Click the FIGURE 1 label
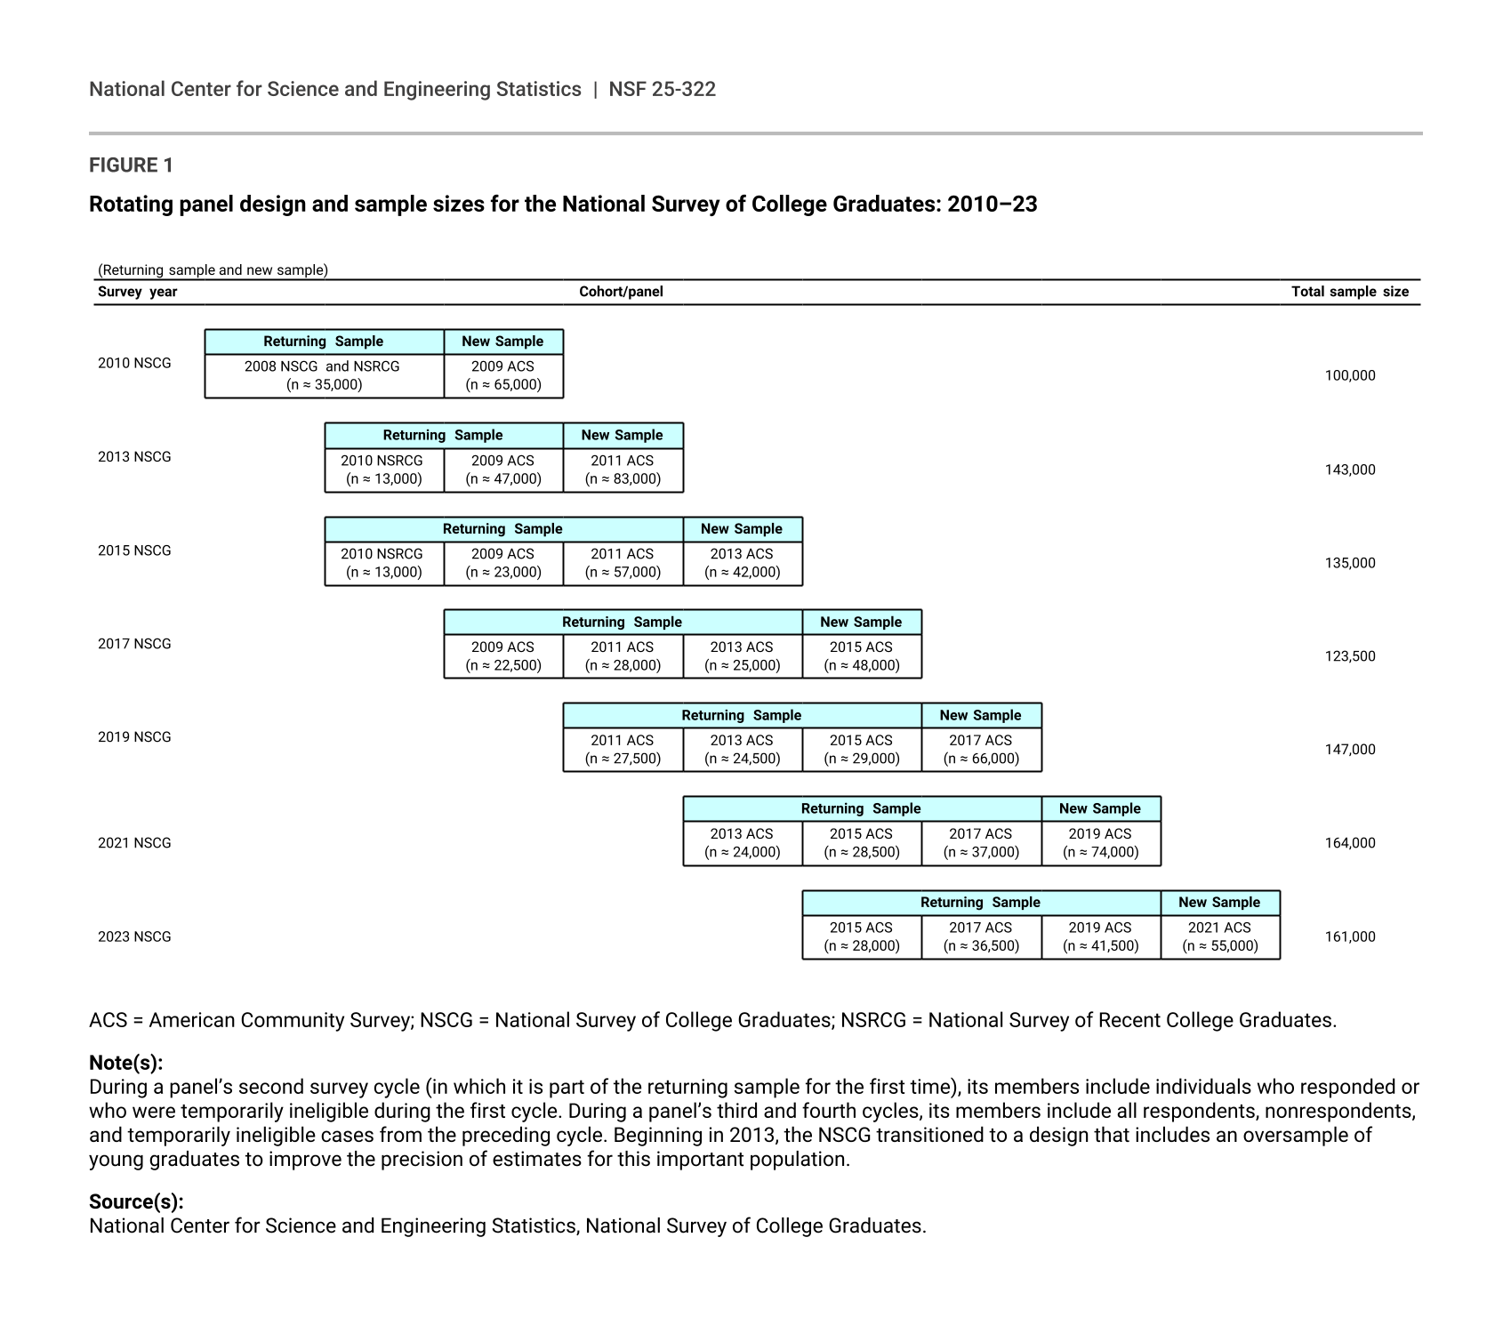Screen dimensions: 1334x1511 click(x=131, y=165)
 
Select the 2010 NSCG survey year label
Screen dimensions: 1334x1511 click(x=134, y=363)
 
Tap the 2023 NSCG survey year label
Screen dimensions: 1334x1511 click(x=134, y=936)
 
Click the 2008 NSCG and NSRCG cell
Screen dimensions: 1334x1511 click(x=324, y=375)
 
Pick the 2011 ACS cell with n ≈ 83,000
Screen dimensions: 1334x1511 click(x=623, y=470)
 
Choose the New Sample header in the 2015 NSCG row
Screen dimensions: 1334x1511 click(x=742, y=529)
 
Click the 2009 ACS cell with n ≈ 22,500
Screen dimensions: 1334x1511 click(x=502, y=656)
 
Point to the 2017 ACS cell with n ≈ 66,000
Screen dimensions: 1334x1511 click(x=981, y=750)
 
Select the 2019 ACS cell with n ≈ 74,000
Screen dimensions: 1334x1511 click(x=1100, y=843)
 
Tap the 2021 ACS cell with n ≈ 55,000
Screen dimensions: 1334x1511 click(x=1219, y=936)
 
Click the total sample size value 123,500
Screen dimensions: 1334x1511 click(x=1349, y=656)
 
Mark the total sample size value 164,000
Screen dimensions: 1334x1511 click(x=1349, y=843)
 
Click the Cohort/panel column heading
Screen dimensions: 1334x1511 click(x=621, y=292)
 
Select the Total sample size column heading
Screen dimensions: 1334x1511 click(x=1349, y=292)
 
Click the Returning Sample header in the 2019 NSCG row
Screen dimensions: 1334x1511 click(x=742, y=715)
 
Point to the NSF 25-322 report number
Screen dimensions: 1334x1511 click(x=662, y=89)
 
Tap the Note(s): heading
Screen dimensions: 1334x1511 click(x=125, y=1063)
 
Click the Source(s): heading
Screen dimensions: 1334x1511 click(x=136, y=1202)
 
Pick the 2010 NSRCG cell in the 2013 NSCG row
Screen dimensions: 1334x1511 click(x=383, y=470)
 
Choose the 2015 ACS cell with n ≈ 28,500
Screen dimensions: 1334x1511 click(x=861, y=843)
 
